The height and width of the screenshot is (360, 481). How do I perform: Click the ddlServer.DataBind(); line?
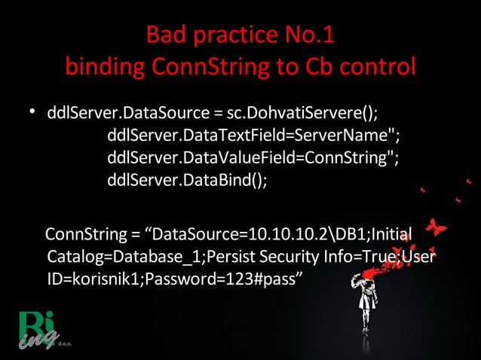tap(188, 182)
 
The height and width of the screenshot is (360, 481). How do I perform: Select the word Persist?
tap(234, 255)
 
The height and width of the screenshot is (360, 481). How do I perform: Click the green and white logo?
tap(35, 329)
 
